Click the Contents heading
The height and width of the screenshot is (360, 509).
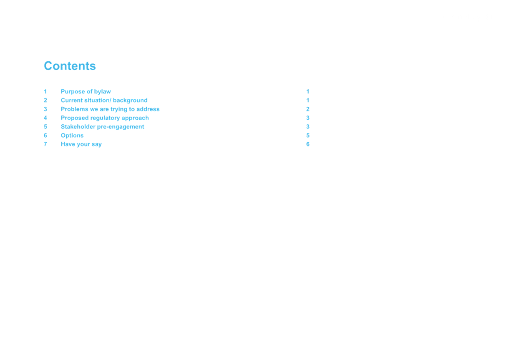pyautogui.click(x=70, y=66)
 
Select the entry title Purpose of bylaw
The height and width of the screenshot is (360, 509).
pyautogui.click(x=86, y=91)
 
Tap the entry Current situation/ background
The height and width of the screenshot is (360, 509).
pyautogui.click(x=104, y=101)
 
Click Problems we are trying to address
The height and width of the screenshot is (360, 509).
pyautogui.click(x=110, y=109)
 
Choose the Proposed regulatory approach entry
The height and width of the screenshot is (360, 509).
pyautogui.click(x=105, y=118)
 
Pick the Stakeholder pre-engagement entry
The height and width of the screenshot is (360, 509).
pyautogui.click(x=103, y=127)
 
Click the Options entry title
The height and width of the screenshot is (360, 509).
pyautogui.click(x=72, y=136)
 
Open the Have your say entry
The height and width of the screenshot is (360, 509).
pyautogui.click(x=81, y=144)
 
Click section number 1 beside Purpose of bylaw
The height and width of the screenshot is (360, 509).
pyautogui.click(x=45, y=91)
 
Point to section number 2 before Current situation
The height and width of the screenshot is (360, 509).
pyautogui.click(x=45, y=101)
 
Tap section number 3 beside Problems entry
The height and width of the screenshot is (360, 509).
pyautogui.click(x=45, y=109)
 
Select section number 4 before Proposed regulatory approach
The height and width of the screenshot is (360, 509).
pyautogui.click(x=45, y=118)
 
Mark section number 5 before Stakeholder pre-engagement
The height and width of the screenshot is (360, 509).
pyautogui.click(x=45, y=127)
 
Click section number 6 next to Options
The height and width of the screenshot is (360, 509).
pyautogui.click(x=45, y=136)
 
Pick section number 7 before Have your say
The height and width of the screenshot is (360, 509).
pyautogui.click(x=45, y=144)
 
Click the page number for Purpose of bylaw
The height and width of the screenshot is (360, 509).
pyautogui.click(x=308, y=91)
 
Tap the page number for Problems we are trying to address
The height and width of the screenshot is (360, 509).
pyautogui.click(x=308, y=109)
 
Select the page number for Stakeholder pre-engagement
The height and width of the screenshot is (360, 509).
pyautogui.click(x=308, y=127)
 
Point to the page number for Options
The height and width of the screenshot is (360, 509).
pyautogui.click(x=308, y=136)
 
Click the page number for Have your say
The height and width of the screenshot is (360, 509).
pyautogui.click(x=308, y=144)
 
